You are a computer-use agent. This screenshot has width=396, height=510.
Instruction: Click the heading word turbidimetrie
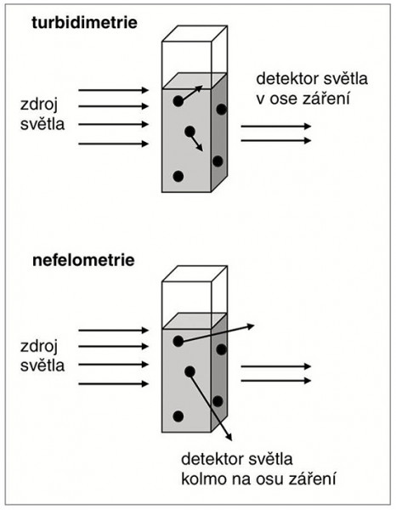[x=84, y=23]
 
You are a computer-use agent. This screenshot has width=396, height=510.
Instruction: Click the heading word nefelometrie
[x=83, y=261]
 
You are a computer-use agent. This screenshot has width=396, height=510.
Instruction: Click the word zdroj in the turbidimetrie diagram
[x=39, y=105]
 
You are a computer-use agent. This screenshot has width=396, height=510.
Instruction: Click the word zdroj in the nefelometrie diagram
[x=39, y=346]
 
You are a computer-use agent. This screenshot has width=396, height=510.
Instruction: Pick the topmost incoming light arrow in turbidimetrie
[x=114, y=90]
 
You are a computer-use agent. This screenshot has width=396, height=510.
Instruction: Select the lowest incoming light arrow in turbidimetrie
[x=114, y=144]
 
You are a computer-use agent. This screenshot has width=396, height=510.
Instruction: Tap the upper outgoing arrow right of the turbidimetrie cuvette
[x=276, y=126]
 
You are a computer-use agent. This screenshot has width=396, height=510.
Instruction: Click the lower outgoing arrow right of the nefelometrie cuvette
[x=276, y=380]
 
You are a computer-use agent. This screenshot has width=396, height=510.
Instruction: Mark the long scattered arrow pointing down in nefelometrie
[x=211, y=406]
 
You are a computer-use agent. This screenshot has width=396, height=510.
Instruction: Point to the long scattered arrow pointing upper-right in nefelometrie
[x=216, y=333]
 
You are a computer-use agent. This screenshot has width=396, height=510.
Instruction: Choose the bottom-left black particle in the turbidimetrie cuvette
[x=178, y=176]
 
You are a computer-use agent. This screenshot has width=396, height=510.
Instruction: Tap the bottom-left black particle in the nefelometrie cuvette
[x=178, y=416]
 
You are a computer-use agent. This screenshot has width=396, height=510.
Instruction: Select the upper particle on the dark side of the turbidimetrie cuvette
[x=221, y=110]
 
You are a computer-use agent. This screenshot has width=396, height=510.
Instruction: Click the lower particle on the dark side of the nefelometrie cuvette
[x=218, y=401]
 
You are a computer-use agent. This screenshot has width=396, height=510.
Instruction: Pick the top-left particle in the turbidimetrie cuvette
[x=178, y=101]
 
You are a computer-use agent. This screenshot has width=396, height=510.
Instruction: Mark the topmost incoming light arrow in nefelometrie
[x=114, y=331]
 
